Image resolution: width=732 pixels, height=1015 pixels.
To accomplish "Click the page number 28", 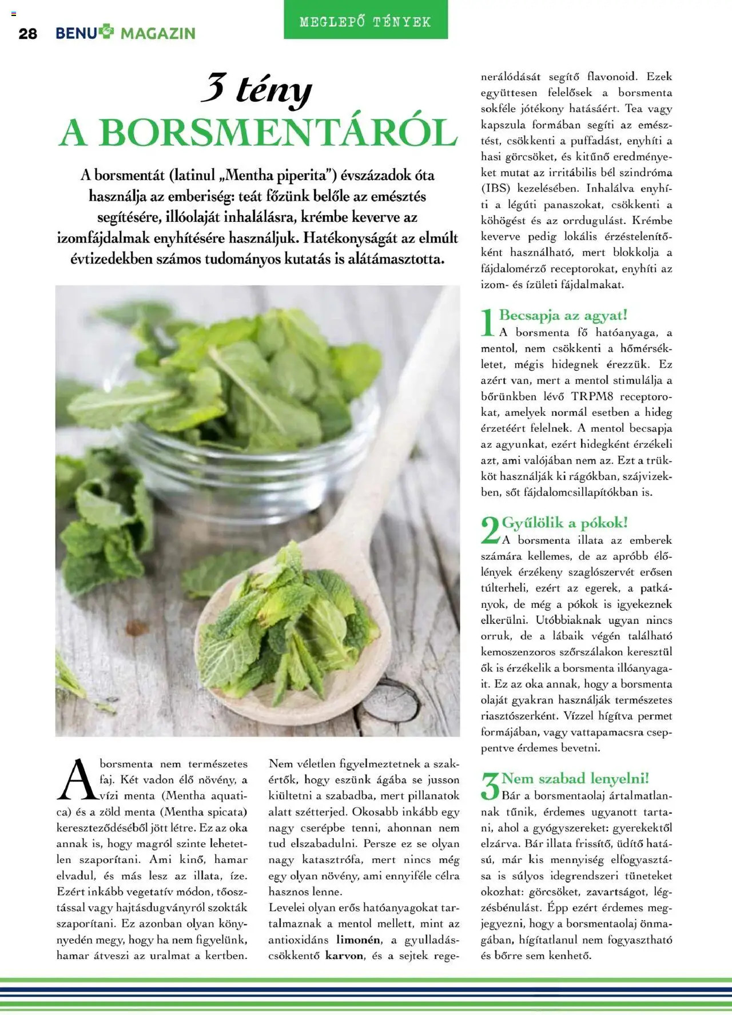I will pos(27,34).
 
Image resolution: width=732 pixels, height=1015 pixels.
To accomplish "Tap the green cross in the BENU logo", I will pos(107,31).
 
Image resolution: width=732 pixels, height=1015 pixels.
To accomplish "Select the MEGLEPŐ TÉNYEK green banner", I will pos(365,22).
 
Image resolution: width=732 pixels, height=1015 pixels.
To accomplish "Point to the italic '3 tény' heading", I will pos(257,90).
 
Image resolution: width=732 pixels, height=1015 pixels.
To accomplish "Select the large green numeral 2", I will pos(490,530).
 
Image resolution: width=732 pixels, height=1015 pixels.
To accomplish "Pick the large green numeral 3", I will pos(490,786).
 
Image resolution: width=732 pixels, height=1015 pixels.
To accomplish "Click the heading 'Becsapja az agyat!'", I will pos(563,315).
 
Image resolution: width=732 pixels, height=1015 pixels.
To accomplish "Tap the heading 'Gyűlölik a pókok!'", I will pos(565,523).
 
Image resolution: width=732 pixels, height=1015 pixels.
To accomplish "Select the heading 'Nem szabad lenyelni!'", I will pos(575,778).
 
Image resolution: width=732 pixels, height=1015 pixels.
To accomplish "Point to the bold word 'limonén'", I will pos(359,940).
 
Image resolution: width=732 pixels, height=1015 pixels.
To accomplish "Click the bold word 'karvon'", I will pos(344,956).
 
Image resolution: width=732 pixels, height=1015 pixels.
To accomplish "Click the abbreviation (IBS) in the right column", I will pos(496,188).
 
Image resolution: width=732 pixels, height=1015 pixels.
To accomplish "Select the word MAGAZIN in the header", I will pos(158,34).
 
